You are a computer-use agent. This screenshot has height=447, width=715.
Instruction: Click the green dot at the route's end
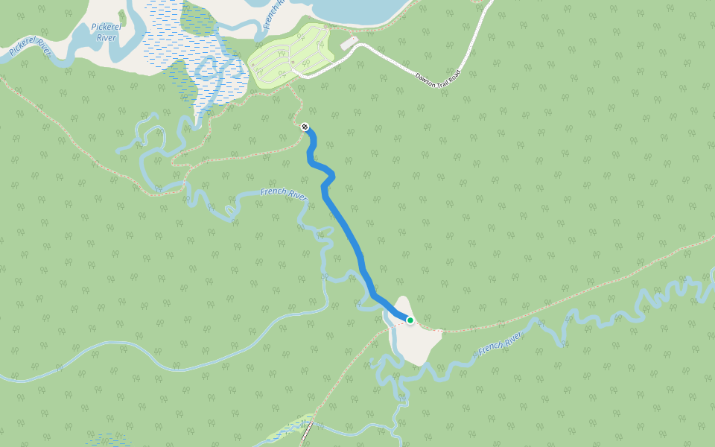pos(410,320)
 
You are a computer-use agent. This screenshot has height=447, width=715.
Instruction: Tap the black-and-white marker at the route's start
pos(305,127)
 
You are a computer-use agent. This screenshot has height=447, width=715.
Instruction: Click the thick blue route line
pos(347,231)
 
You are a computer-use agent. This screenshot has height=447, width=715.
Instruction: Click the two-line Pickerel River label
pos(105,32)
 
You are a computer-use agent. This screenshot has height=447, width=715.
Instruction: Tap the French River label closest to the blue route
pos(284,194)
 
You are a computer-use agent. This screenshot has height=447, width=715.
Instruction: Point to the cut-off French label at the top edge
pos(272,13)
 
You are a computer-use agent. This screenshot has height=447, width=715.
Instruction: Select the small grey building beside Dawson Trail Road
pos(349,44)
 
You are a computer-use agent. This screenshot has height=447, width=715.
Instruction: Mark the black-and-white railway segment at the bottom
pos(306,431)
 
